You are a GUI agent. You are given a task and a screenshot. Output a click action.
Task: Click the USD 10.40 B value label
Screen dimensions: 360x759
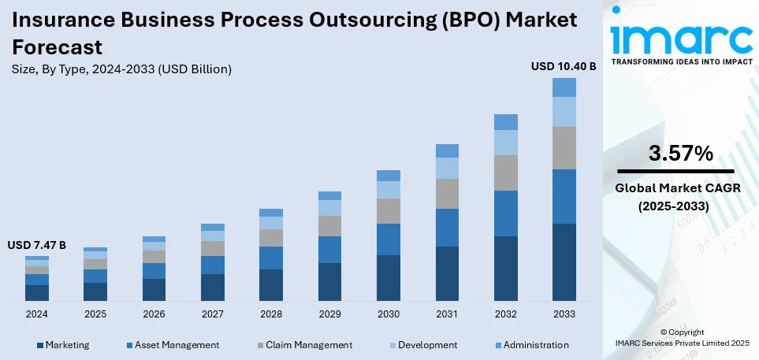(x=564, y=66)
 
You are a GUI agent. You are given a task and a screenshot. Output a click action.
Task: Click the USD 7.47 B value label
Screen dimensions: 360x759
(x=37, y=246)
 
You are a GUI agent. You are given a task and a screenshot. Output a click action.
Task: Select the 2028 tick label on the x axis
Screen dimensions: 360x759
(x=271, y=314)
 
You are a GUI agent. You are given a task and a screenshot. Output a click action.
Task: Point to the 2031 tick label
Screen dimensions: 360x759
(x=447, y=314)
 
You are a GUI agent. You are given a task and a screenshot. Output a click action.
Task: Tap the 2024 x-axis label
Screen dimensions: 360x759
(x=37, y=314)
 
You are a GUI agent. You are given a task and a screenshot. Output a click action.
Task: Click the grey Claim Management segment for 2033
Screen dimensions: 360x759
(x=564, y=148)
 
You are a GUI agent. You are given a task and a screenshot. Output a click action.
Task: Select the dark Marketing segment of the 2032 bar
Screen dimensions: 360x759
(x=506, y=268)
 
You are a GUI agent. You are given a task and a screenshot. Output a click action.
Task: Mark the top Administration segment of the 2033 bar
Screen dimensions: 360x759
(x=564, y=87)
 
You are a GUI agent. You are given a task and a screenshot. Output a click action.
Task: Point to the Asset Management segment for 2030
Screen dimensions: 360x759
(x=389, y=239)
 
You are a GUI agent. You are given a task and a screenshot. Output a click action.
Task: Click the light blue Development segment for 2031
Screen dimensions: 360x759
(x=447, y=168)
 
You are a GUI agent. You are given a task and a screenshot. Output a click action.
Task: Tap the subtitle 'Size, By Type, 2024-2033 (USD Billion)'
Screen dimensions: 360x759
(x=123, y=69)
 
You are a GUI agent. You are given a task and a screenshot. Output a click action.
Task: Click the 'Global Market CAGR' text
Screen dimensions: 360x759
(x=675, y=190)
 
